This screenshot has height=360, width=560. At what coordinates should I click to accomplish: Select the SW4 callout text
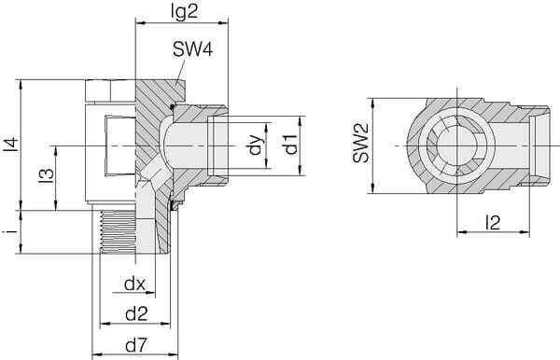tap(192, 51)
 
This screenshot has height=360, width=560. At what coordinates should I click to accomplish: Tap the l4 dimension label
tap(10, 145)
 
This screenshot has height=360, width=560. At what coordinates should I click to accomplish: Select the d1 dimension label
tap(290, 144)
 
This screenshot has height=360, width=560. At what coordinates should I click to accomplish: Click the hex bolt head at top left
tap(110, 92)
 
